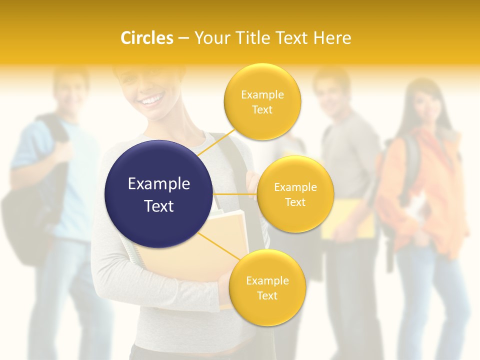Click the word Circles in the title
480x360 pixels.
tap(146, 38)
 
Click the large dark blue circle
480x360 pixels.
tap(158, 194)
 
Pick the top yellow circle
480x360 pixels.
tap(262, 101)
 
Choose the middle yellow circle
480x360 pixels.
tap(295, 194)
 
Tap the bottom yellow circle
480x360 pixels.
tap(267, 287)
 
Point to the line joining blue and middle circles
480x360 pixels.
tap(234, 194)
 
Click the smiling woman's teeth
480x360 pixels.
tap(150, 101)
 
